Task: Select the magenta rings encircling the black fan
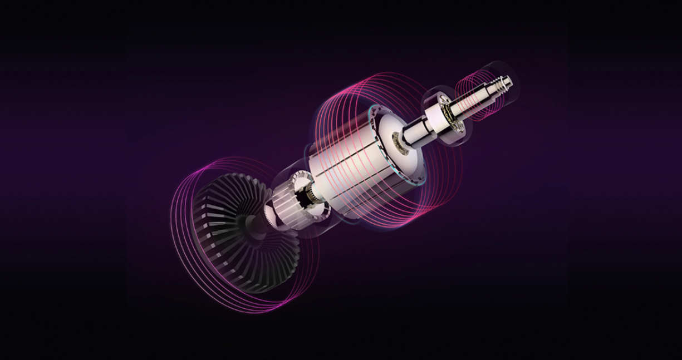point(184,234)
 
